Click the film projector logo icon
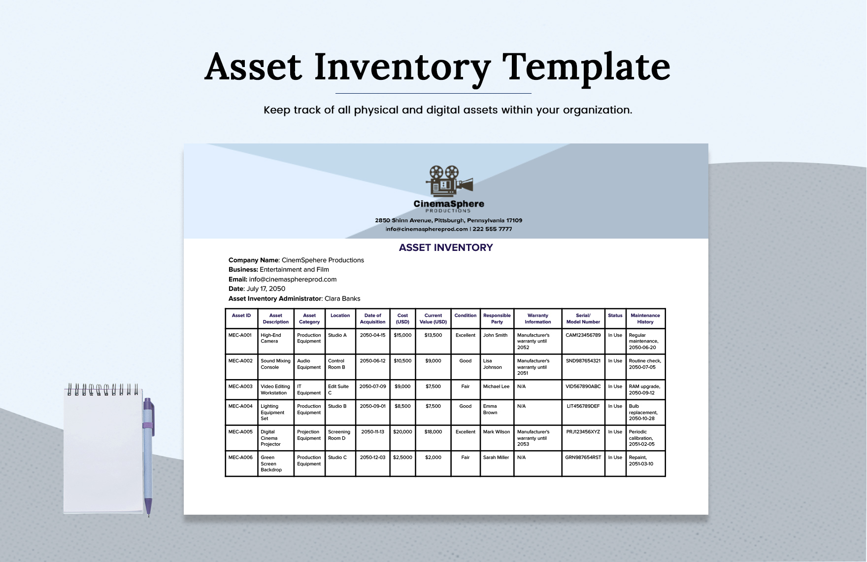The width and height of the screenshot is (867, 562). click(449, 181)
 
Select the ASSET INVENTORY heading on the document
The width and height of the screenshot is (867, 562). click(446, 247)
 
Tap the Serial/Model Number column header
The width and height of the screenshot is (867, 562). click(583, 318)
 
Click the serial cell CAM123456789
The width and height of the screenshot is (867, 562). click(583, 335)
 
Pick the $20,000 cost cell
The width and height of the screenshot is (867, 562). click(402, 432)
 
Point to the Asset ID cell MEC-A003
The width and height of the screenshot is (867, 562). click(240, 386)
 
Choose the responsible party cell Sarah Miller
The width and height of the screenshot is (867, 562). click(496, 457)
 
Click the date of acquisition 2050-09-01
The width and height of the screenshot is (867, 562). click(372, 406)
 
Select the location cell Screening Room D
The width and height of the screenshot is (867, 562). click(339, 435)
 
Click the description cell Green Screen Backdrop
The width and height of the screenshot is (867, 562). click(271, 463)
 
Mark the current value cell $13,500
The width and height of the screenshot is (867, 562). click(433, 335)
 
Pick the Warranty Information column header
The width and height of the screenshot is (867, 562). click(537, 318)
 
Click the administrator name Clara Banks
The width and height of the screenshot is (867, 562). click(342, 299)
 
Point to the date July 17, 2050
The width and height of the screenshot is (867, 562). click(266, 289)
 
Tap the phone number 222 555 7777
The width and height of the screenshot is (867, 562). click(492, 229)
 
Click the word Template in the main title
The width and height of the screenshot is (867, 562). click(586, 67)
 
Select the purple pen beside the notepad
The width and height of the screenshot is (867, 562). click(148, 454)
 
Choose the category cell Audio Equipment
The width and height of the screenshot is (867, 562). click(309, 364)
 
